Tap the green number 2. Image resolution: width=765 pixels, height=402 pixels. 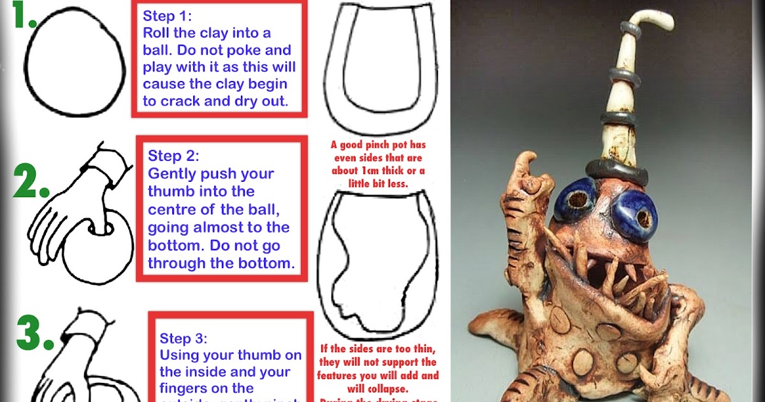(30, 184)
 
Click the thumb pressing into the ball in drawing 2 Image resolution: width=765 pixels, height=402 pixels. (99, 220)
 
